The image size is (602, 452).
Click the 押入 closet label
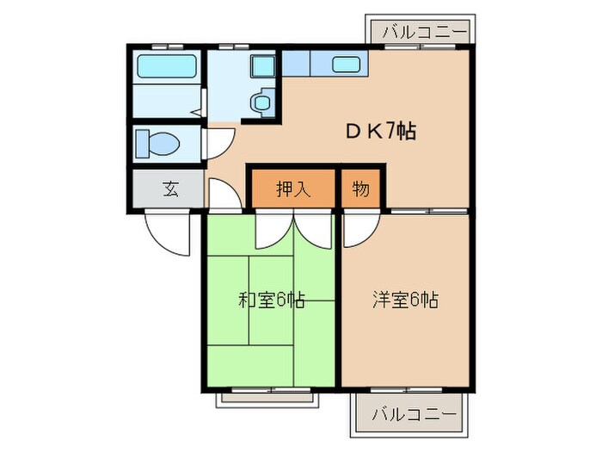point(292,189)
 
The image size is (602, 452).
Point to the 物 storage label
point(360,189)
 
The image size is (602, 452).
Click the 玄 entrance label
point(170,189)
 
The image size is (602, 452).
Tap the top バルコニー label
point(421,32)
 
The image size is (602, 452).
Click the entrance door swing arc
point(166,233)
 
